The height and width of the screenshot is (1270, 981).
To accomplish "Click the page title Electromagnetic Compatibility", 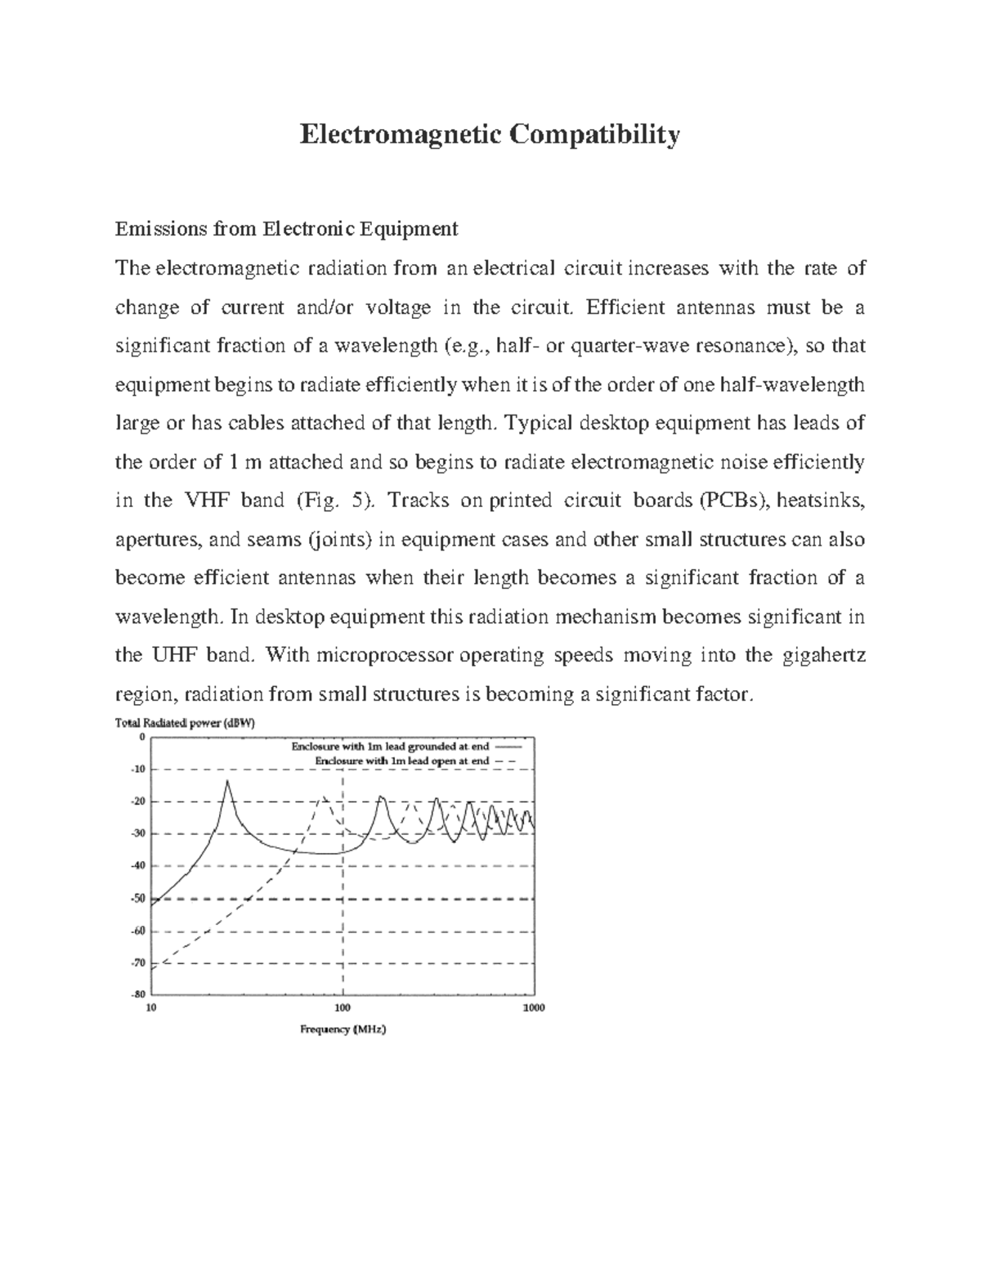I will point(489,134).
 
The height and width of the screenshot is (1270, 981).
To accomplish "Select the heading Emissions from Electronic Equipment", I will point(286,229).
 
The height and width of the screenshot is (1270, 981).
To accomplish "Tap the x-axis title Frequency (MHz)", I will point(343,1030).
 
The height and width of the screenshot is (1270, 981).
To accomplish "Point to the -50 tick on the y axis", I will point(137,899).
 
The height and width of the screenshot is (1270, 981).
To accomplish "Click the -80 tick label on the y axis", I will point(137,994).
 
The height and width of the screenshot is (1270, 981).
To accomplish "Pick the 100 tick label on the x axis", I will point(343,1007).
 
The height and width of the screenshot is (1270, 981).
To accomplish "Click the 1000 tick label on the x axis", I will point(533,1007).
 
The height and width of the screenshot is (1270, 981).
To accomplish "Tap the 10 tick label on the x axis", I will point(150,1007).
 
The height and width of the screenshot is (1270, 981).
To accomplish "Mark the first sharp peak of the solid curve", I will point(227,782).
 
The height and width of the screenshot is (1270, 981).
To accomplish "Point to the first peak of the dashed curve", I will point(324,798).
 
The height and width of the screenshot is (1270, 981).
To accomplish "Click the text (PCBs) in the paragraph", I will point(735,500).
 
